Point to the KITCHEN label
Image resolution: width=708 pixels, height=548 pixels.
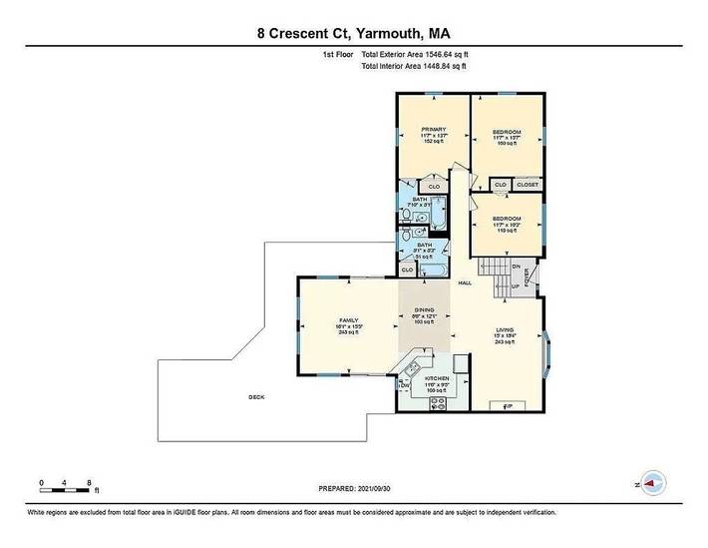tap(437, 379)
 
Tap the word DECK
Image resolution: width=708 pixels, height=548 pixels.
tap(256, 397)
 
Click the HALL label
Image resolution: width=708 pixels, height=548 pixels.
tap(465, 283)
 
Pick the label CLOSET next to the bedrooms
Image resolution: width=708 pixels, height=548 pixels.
tap(527, 185)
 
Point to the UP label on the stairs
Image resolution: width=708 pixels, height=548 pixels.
tap(515, 284)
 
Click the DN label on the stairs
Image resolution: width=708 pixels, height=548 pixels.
tap(516, 267)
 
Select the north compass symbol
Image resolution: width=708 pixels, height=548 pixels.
tap(652, 482)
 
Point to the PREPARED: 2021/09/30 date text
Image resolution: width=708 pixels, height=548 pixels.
tap(354, 489)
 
